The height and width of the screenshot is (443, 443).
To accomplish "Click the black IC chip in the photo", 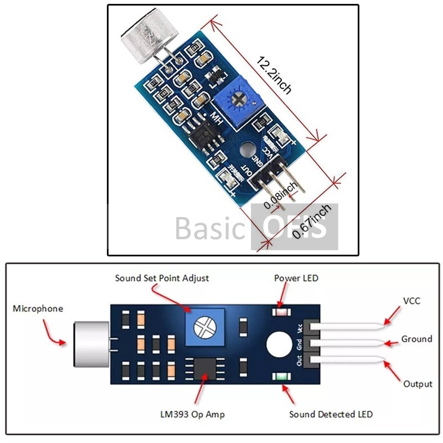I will pos(205,133).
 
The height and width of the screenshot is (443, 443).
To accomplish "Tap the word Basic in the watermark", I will pos(210,228).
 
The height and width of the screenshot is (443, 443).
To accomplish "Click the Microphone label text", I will pos(38,308).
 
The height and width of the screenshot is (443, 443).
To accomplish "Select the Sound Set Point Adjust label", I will pos(162,278).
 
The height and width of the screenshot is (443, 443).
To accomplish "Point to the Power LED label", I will pos(296,278).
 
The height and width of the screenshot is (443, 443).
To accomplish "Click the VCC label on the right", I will pos(411,301).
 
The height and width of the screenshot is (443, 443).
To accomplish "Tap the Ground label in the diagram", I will pos(416,339).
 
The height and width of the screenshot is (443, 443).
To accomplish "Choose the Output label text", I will pos(418,384).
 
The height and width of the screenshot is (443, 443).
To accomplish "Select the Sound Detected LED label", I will pos(331,414).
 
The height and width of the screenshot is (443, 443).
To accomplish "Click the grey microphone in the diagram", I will pos(91,344).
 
